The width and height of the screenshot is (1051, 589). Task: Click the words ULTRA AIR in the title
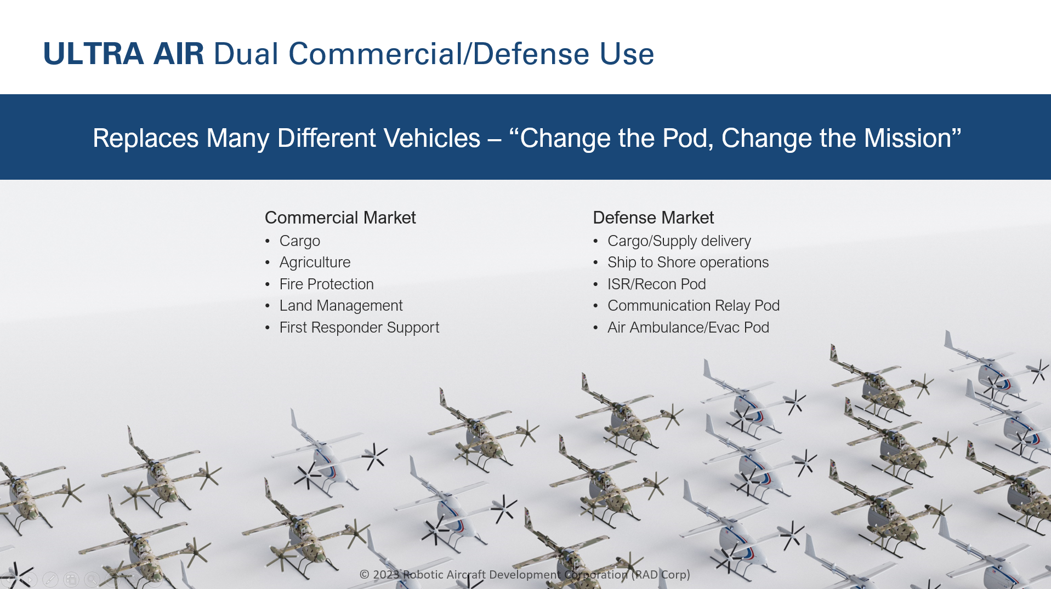[x=123, y=54]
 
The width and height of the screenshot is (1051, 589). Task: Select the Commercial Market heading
[x=340, y=218]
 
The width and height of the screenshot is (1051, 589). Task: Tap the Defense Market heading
[x=653, y=218]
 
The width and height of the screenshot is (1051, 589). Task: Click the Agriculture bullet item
[x=315, y=262]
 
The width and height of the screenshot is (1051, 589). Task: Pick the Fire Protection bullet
[x=326, y=284]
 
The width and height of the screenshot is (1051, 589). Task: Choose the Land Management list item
[x=341, y=306]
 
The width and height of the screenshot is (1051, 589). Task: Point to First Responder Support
[x=359, y=328]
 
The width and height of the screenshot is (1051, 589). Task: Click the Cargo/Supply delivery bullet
[x=679, y=241]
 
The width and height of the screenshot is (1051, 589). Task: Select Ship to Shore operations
[x=688, y=262]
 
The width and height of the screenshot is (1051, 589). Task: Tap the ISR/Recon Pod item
[x=656, y=284]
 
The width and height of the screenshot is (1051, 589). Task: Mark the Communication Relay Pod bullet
[x=693, y=306]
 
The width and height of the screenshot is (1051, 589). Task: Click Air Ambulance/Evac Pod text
[x=688, y=328]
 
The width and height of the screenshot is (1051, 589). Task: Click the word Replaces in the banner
[x=145, y=138]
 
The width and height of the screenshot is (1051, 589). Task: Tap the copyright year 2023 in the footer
[x=386, y=575]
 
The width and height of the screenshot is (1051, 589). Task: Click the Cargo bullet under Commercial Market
[x=299, y=241]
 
